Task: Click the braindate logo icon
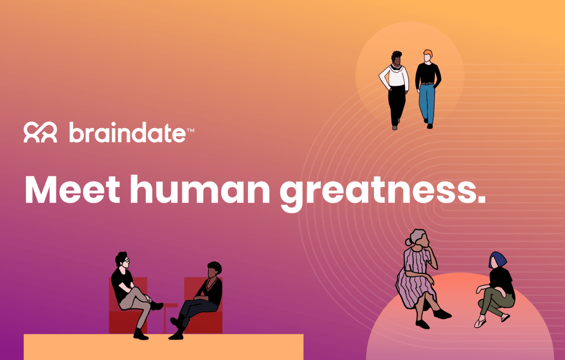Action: click(x=40, y=132)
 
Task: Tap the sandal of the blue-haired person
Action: click(x=480, y=323)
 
